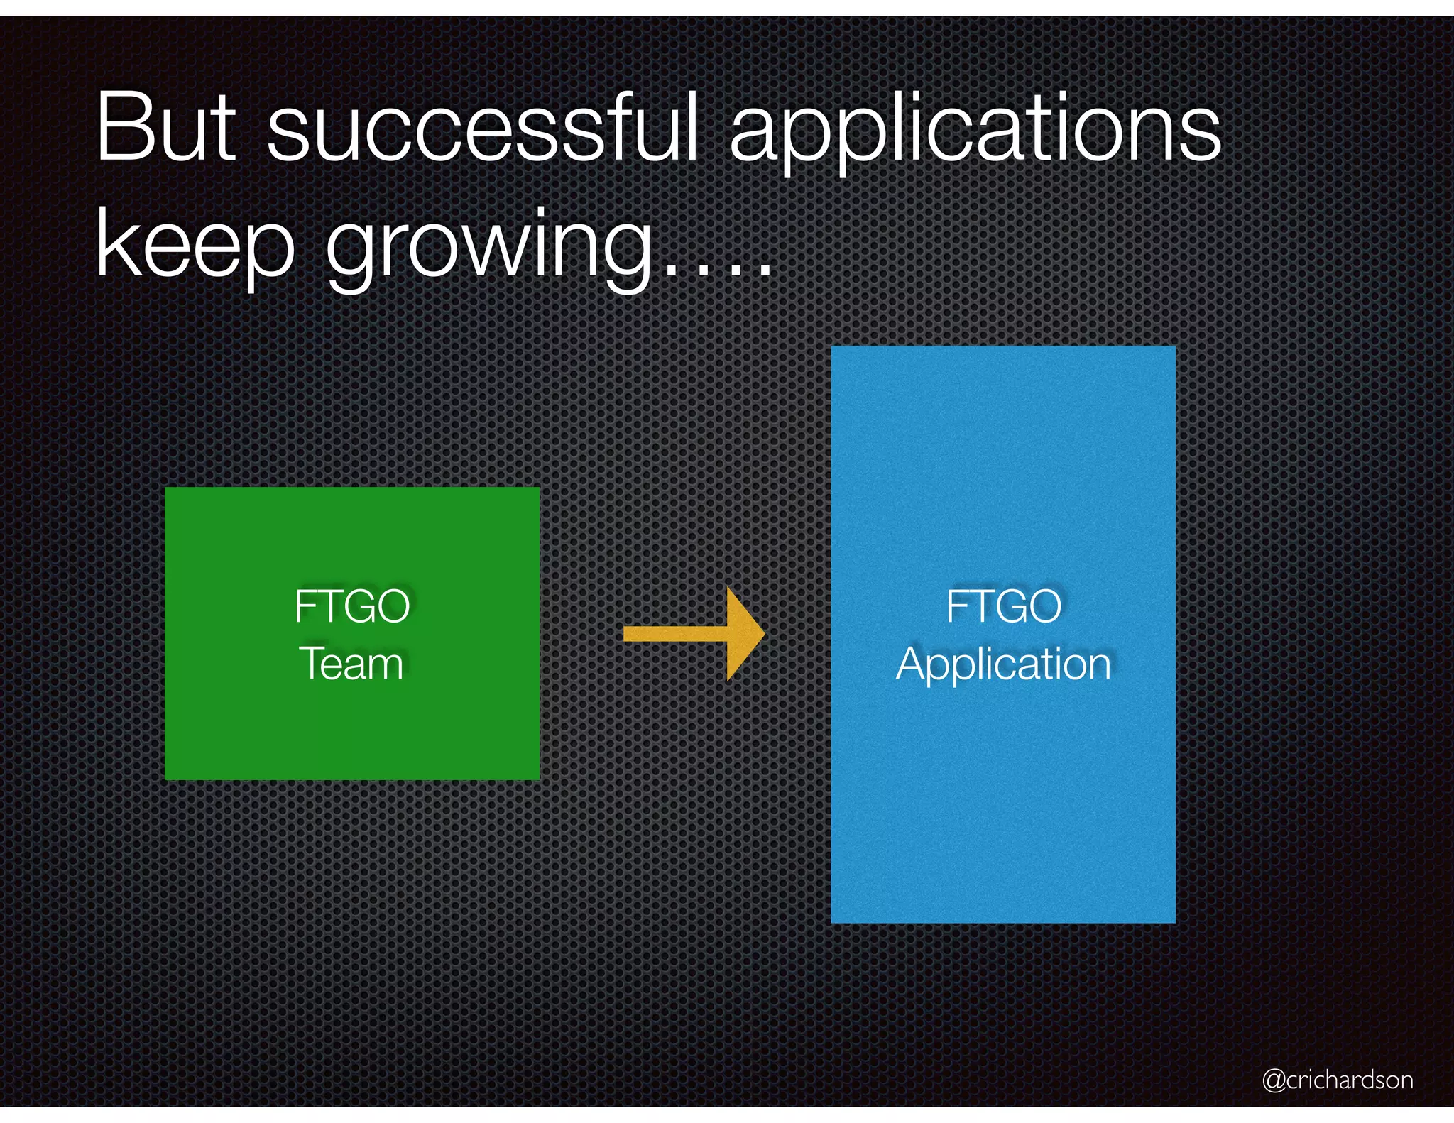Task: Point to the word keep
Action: coord(195,245)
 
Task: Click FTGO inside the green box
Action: coord(352,606)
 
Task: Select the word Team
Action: coord(351,664)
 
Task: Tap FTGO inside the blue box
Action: coord(1003,606)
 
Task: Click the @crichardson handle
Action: coord(1338,1080)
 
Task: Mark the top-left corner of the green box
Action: coord(166,488)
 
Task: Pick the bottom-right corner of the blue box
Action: coord(1174,921)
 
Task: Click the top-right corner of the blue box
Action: coord(1174,348)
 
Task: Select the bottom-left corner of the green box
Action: coord(166,779)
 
